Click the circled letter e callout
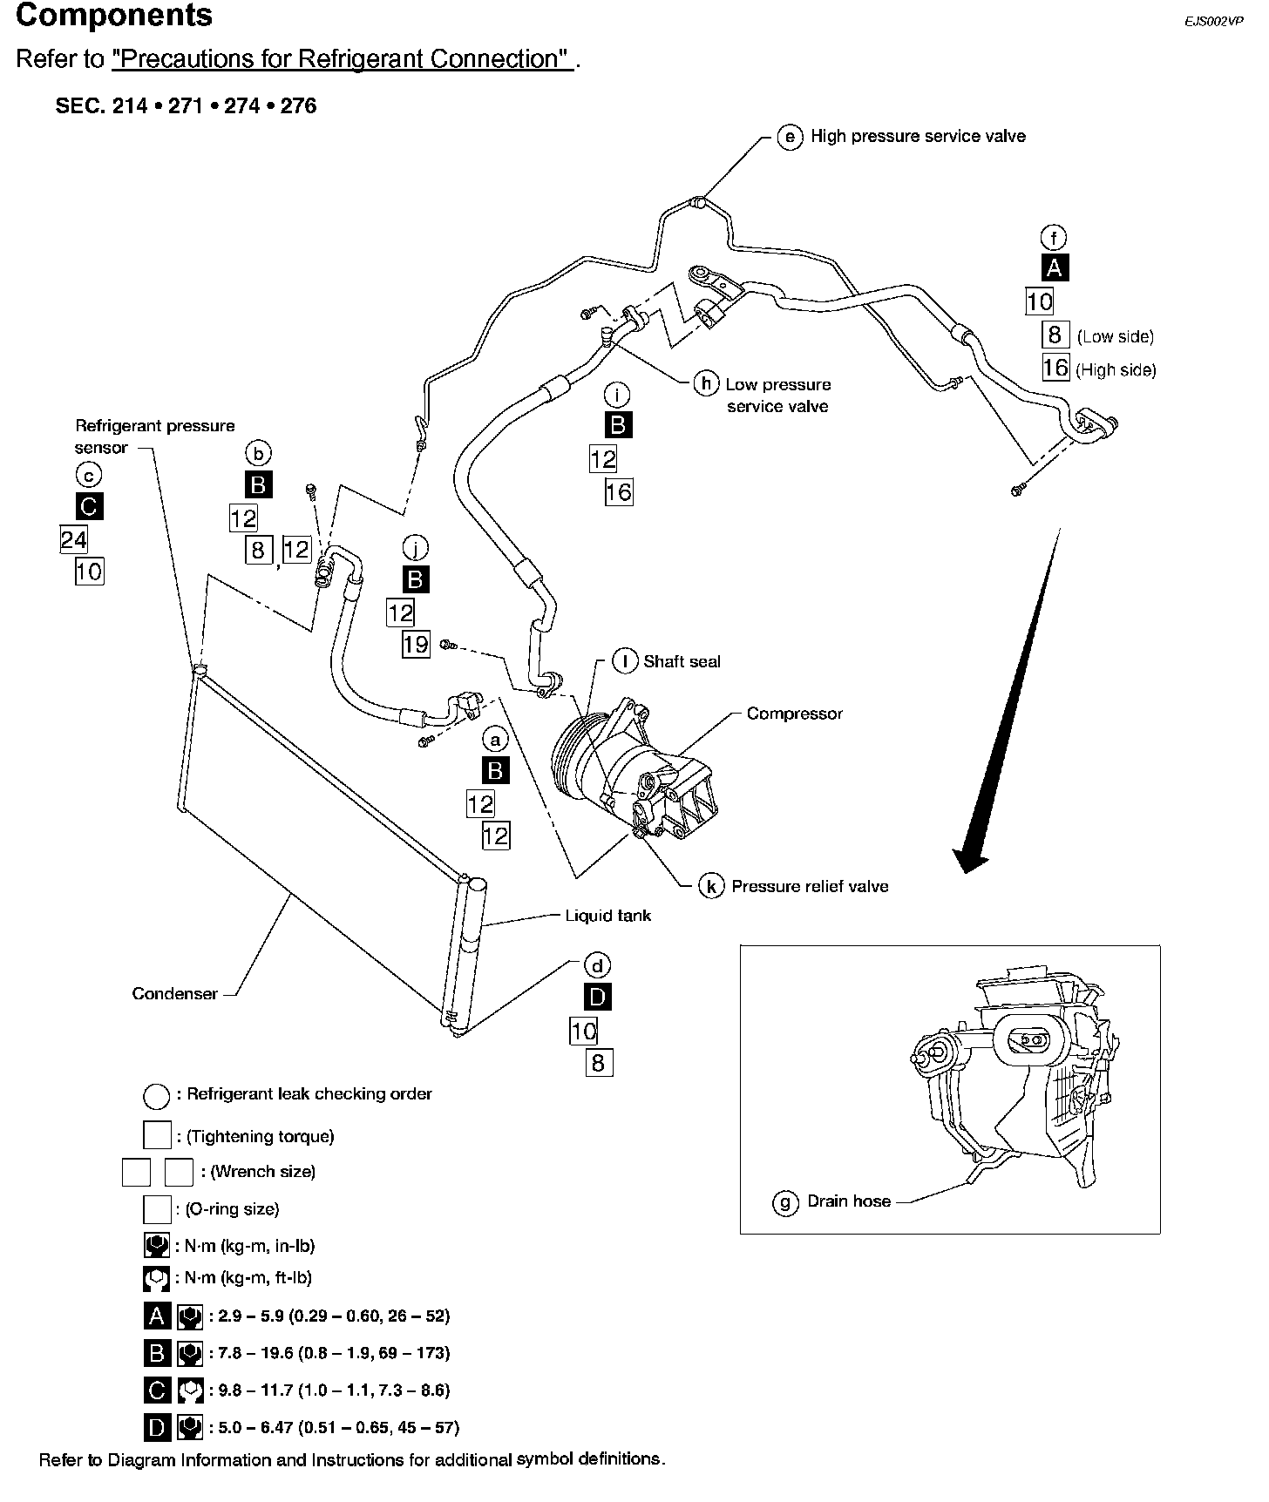pos(790,138)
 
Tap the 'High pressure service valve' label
pos(918,137)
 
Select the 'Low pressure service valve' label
pos(777,395)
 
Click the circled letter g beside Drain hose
pos(785,1203)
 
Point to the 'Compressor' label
pos(794,714)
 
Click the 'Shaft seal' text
pos(682,661)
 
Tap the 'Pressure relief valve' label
pos(810,887)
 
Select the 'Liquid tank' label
pos(607,916)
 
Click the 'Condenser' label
pos(174,994)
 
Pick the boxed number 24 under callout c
pos(73,540)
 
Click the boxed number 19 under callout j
pos(416,644)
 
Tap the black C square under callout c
pos(89,506)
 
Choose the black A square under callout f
pos(1054,268)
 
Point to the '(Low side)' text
pos(1115,337)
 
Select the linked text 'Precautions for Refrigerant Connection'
pos(342,59)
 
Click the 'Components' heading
pos(114,16)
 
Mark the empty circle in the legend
pos(157,1096)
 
